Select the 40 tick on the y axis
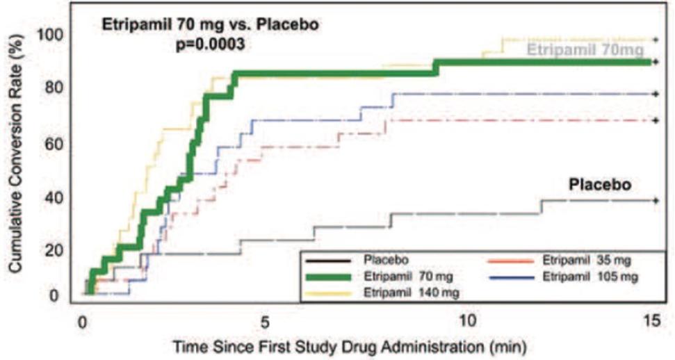click(x=58, y=197)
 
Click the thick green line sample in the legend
click(x=331, y=277)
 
